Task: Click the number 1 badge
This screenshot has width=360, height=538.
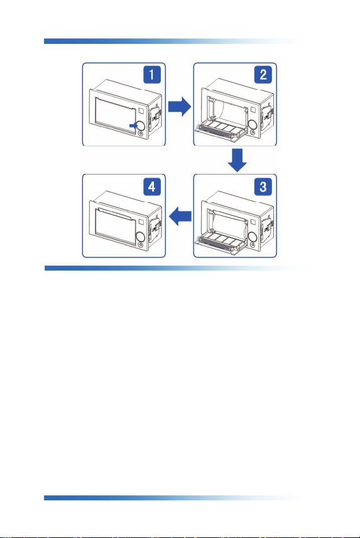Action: [151, 75]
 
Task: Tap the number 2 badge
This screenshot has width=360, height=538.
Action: [263, 75]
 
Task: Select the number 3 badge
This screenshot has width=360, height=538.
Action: [263, 186]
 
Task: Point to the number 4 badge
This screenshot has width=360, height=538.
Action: [151, 186]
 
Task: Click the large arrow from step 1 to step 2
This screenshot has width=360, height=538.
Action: [179, 107]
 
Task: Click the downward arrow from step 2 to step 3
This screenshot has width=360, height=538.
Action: [237, 160]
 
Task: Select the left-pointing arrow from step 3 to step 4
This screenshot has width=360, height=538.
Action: [180, 216]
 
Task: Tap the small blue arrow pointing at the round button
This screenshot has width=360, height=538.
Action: [133, 126]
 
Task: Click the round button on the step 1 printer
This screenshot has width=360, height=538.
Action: [141, 126]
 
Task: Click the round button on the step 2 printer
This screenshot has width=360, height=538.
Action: [253, 124]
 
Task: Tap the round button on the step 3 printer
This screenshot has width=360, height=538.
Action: [253, 237]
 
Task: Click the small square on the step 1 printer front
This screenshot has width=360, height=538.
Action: [141, 111]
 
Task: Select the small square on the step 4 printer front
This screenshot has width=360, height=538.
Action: [141, 222]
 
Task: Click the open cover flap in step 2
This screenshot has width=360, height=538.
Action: [221, 132]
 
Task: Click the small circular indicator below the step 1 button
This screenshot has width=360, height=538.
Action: [141, 134]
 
